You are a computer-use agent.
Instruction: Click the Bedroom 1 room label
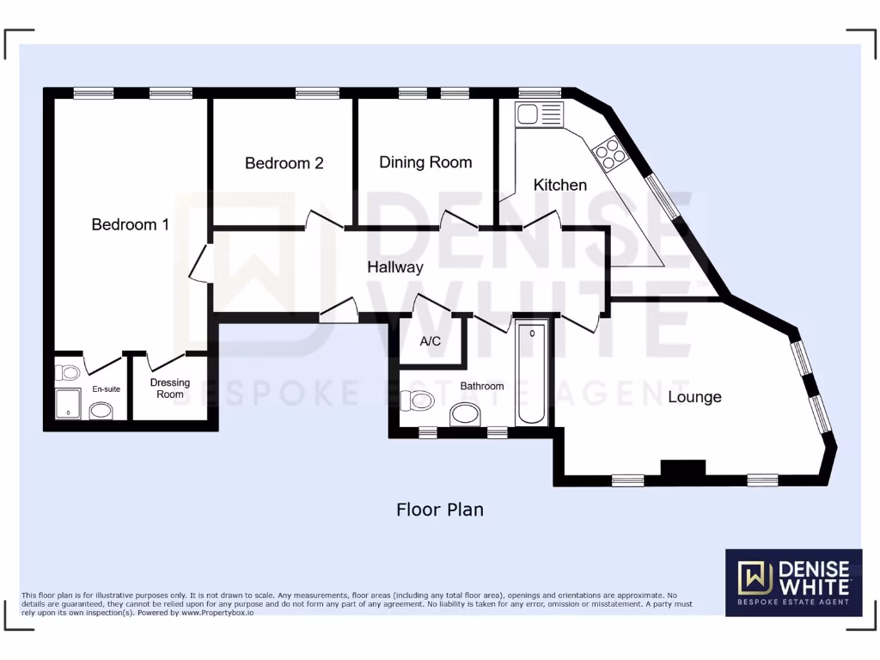coord(130,224)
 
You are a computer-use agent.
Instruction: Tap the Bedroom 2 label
coord(284,162)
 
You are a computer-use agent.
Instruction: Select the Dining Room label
coord(425,162)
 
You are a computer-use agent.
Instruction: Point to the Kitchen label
coord(560,185)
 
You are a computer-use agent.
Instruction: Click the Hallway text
coord(395,267)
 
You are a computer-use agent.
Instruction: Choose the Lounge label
coord(694,397)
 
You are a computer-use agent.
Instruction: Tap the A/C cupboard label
coord(431,341)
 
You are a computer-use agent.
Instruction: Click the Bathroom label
coord(481,386)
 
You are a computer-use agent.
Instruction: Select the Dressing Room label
coord(169,388)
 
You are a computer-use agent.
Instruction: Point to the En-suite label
coord(107,389)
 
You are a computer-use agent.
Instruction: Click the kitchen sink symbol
coord(539,113)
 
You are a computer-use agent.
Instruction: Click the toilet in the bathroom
coord(421,400)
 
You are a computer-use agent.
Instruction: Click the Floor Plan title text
coord(439,510)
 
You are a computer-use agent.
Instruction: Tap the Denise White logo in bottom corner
coord(793,583)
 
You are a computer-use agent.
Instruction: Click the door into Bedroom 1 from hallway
coord(201,265)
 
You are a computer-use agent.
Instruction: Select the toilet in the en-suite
coord(69,372)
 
